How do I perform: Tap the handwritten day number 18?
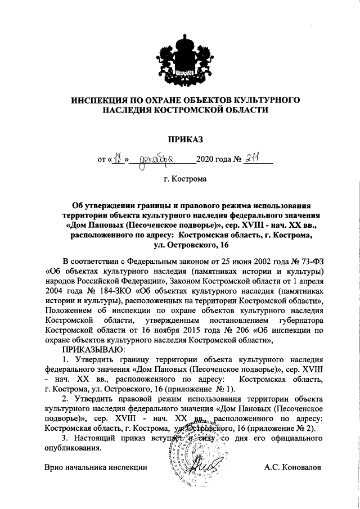coord(117,159)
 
